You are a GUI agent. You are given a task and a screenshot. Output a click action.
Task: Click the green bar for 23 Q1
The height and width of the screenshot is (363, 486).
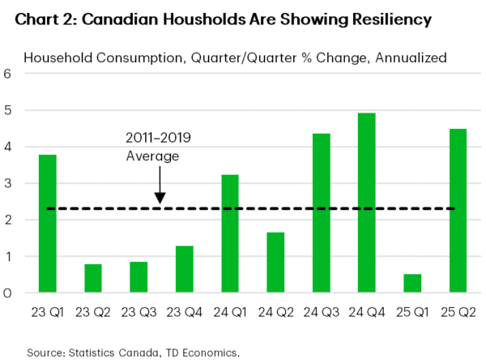click(x=47, y=224)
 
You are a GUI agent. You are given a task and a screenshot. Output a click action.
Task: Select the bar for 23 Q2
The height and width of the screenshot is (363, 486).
click(x=92, y=279)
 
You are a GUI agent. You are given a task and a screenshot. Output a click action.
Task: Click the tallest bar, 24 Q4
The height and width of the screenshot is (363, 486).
click(x=366, y=203)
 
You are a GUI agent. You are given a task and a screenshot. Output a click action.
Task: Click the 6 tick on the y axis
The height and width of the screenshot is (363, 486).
click(x=8, y=74)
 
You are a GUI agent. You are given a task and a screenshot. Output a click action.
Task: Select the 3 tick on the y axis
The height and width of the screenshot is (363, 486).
click(x=8, y=183)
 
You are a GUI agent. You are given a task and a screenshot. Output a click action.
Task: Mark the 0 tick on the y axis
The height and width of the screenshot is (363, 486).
click(x=8, y=293)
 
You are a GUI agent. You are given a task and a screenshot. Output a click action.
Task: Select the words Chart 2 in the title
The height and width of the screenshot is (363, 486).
click(x=37, y=18)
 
